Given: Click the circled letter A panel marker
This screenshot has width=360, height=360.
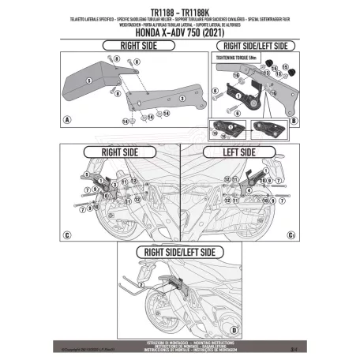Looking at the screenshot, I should [67, 120].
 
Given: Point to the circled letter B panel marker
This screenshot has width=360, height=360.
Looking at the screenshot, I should [293, 123].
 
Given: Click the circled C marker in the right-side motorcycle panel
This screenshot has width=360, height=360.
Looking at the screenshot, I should [67, 234].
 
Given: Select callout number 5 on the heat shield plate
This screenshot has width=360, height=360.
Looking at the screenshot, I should [91, 81].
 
